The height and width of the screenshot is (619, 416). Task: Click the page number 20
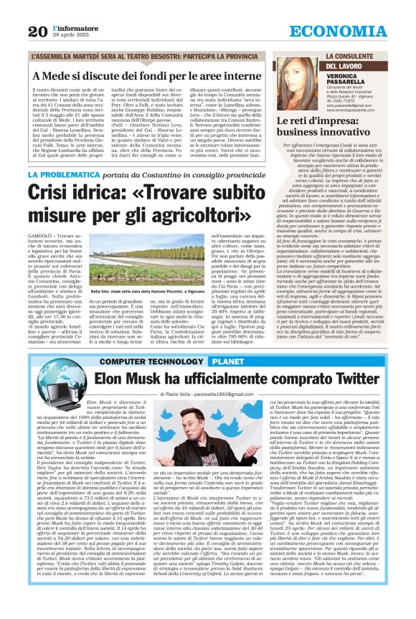click(38, 30)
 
